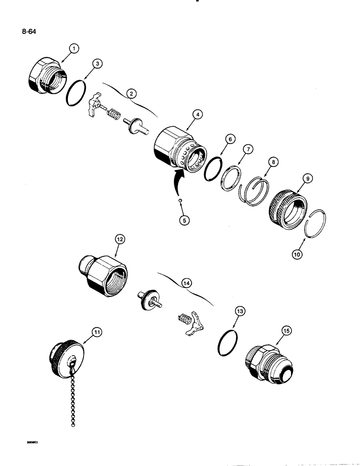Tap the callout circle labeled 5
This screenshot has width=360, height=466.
point(185,220)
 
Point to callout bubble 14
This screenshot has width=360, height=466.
point(187,282)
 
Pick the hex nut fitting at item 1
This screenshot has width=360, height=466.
point(45,76)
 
